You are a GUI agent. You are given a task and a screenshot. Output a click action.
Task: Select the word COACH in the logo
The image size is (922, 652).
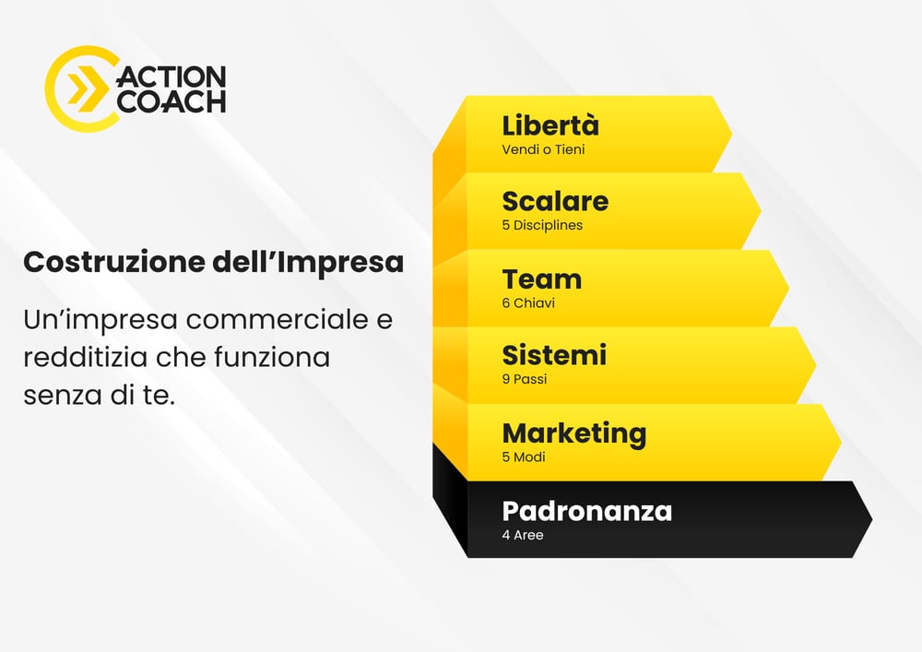[171, 101]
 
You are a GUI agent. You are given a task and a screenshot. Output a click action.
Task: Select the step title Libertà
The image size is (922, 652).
[550, 125]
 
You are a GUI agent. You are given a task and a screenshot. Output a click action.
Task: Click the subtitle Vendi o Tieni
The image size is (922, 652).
[543, 149]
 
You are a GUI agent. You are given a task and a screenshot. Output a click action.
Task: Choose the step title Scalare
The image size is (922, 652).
[555, 201]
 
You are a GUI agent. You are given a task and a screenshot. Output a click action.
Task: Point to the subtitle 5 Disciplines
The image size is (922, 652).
[542, 225]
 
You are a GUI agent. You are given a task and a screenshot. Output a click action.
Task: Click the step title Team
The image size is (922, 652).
[541, 279]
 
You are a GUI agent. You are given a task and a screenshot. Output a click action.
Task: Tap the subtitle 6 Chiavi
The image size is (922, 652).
[528, 302]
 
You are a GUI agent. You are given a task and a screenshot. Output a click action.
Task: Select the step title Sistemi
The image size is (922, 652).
[554, 355]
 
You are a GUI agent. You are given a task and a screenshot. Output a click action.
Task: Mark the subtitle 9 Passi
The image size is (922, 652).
[525, 379]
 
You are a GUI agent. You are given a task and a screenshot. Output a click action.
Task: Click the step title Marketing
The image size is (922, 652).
[573, 433]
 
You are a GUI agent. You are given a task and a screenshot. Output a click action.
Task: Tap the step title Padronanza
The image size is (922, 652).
[586, 510]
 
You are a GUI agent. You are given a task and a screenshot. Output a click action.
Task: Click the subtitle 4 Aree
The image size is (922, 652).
[523, 535]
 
